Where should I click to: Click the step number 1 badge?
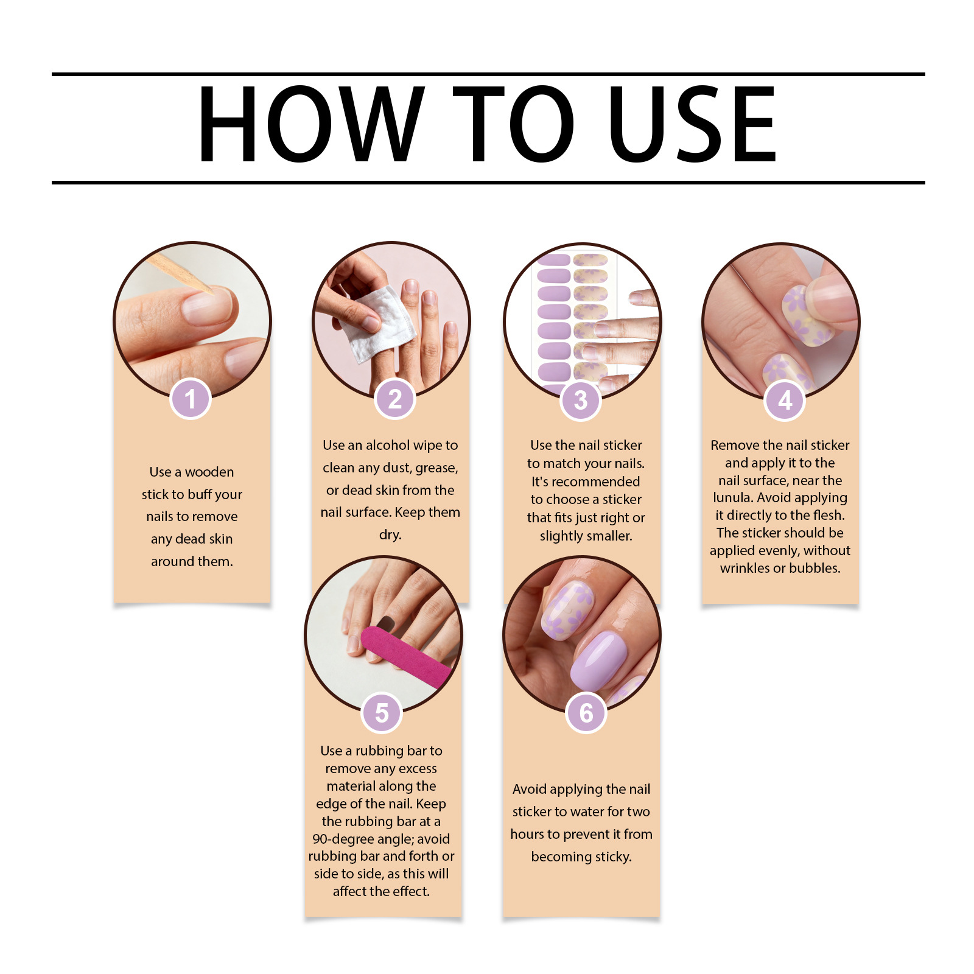(x=191, y=399)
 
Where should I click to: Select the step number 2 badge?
(x=394, y=399)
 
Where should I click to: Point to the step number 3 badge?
(x=581, y=400)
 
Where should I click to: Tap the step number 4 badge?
(x=785, y=400)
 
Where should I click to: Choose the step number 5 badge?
(x=382, y=713)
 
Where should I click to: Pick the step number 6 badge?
(x=586, y=713)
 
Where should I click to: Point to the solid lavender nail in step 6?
(x=597, y=660)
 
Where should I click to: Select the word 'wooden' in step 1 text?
(x=209, y=472)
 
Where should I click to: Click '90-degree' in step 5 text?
(x=343, y=839)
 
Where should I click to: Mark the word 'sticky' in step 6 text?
(x=613, y=857)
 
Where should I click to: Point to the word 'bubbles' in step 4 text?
(x=815, y=568)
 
